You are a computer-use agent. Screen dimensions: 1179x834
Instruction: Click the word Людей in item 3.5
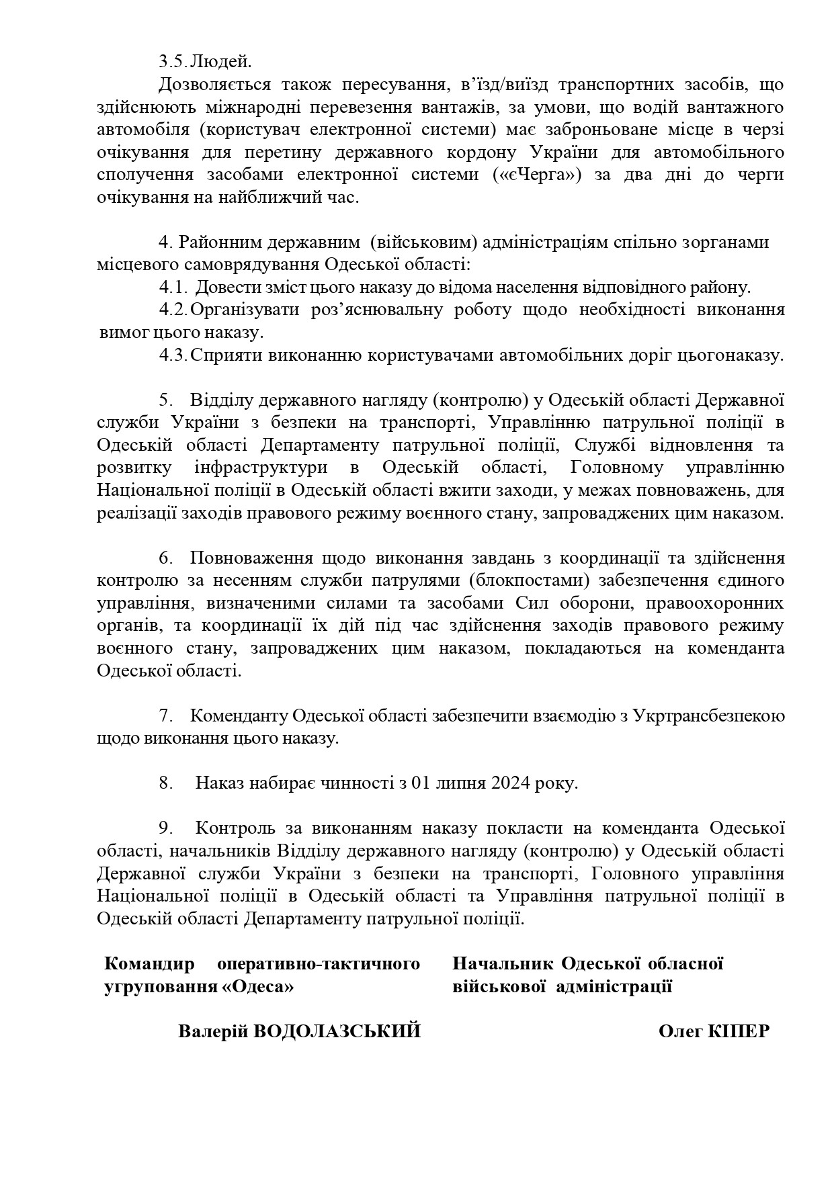coord(221,62)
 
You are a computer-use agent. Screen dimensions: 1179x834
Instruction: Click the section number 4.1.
coord(173,288)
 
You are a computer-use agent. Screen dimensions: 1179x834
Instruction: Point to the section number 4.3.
coord(173,355)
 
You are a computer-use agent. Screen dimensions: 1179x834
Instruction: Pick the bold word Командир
coord(149,964)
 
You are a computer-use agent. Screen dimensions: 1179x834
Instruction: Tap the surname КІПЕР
coord(739,1031)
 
